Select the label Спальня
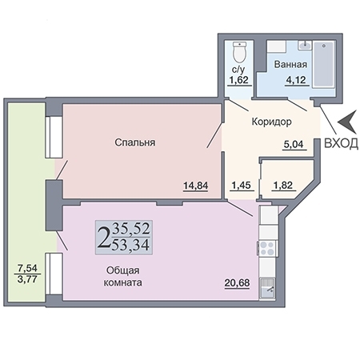(134, 142)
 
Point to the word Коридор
(271, 122)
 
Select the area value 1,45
(242, 186)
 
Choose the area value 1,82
(283, 186)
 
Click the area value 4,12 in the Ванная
(290, 80)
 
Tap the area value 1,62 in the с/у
(238, 80)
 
